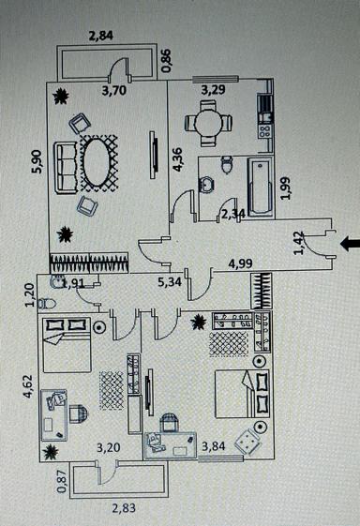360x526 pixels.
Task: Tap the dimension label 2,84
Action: coord(102,38)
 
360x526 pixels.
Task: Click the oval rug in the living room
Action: coord(97,160)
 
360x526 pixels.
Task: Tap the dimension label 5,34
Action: coord(170,280)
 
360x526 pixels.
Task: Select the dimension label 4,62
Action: coord(28,387)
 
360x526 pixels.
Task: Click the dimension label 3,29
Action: coord(215,91)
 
